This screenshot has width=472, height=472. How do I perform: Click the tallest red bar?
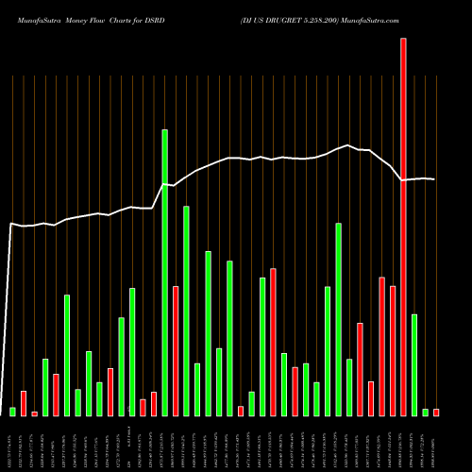pos(403,227)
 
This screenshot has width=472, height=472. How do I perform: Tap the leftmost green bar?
pos(12,411)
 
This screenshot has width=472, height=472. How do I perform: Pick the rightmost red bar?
pos(436,412)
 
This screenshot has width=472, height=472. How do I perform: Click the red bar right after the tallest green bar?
pos(176,350)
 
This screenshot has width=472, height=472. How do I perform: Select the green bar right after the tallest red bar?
pos(414,364)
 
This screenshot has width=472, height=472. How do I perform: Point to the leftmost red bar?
pos(24,403)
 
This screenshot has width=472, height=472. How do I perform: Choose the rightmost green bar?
pos(425,412)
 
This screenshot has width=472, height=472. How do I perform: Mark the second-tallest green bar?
pos(186,311)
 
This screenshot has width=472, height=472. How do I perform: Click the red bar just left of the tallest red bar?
pos(393,350)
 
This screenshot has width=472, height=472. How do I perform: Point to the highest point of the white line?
pos(349,145)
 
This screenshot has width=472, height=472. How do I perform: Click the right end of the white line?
pos(435,179)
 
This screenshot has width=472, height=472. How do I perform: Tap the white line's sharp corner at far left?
pos(10,224)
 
